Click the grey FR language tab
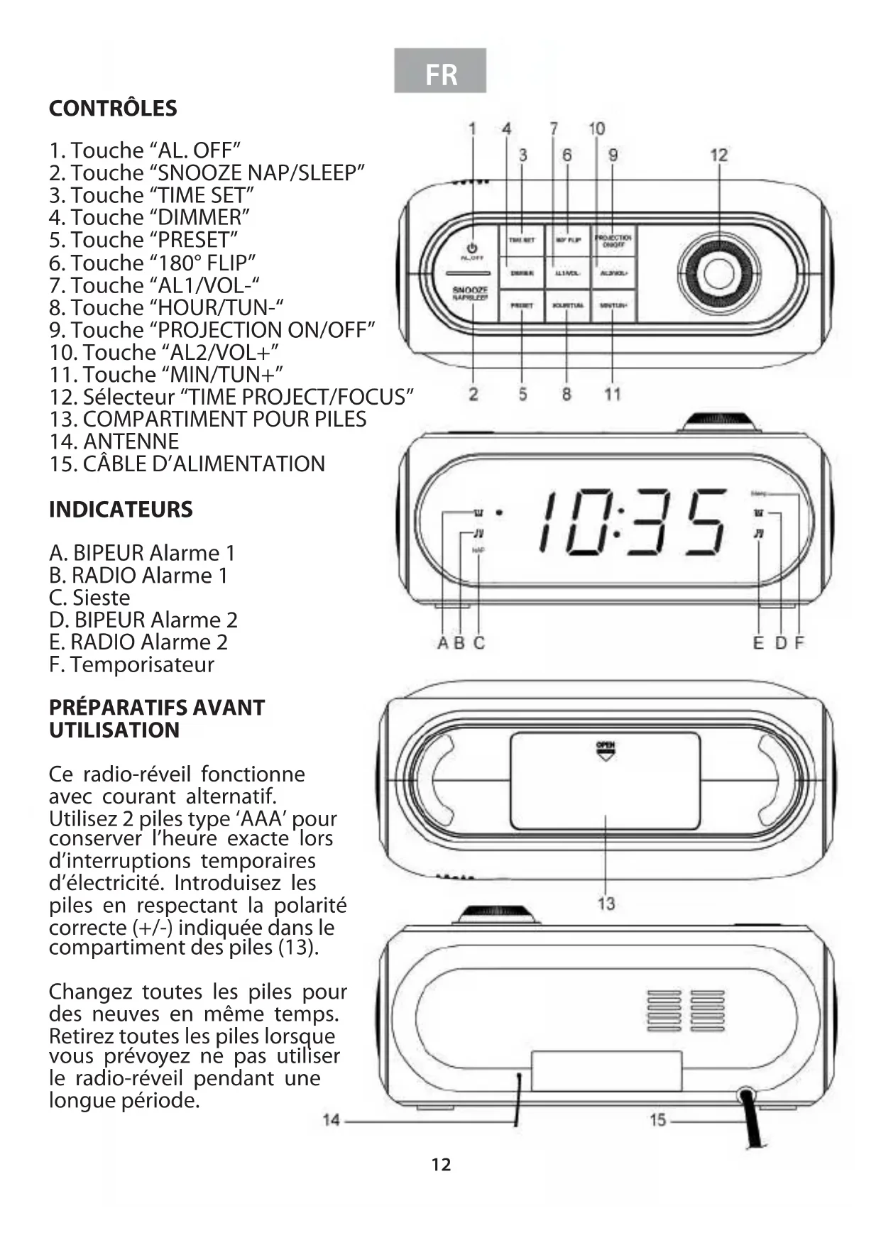click(x=440, y=71)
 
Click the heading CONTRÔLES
click(x=113, y=109)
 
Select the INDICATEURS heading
click(x=121, y=510)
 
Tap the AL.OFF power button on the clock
click(x=471, y=251)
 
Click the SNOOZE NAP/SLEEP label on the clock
click(x=470, y=293)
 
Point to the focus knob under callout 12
click(x=718, y=274)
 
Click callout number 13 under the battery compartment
click(x=606, y=904)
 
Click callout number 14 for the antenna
click(x=331, y=1120)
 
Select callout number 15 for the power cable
click(x=658, y=1120)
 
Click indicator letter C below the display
click(x=479, y=643)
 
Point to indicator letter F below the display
click(x=799, y=643)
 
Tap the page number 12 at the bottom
click(x=441, y=1165)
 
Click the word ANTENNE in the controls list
click(x=131, y=441)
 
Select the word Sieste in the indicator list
click(x=101, y=598)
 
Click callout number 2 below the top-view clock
click(x=474, y=394)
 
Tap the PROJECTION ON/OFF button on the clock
click(x=613, y=241)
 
